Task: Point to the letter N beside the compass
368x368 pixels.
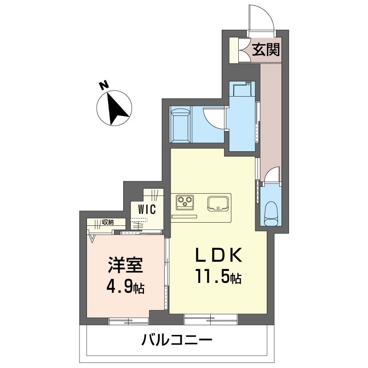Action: [104, 85]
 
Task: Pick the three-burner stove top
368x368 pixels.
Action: [185, 201]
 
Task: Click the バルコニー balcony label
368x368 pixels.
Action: [177, 341]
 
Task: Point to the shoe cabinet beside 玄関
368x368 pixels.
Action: [236, 49]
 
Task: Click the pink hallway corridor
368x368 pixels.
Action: [270, 115]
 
